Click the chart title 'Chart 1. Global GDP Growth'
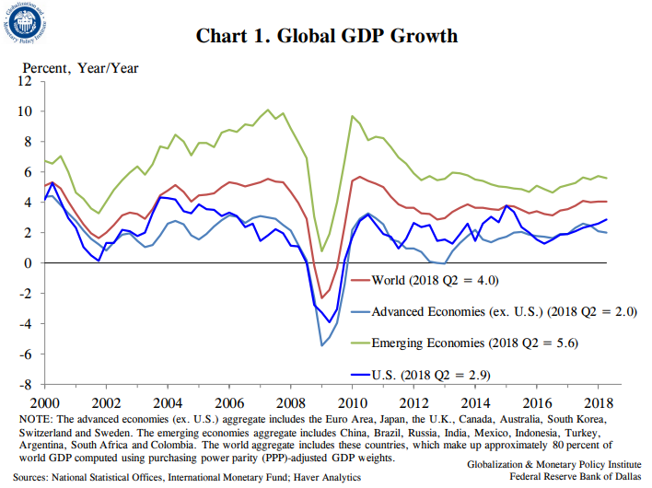tap(326, 37)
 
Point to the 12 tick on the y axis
tap(26, 81)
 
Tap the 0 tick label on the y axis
tap(29, 263)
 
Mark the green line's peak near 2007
tap(268, 110)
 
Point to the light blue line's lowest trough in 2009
tap(321, 345)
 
